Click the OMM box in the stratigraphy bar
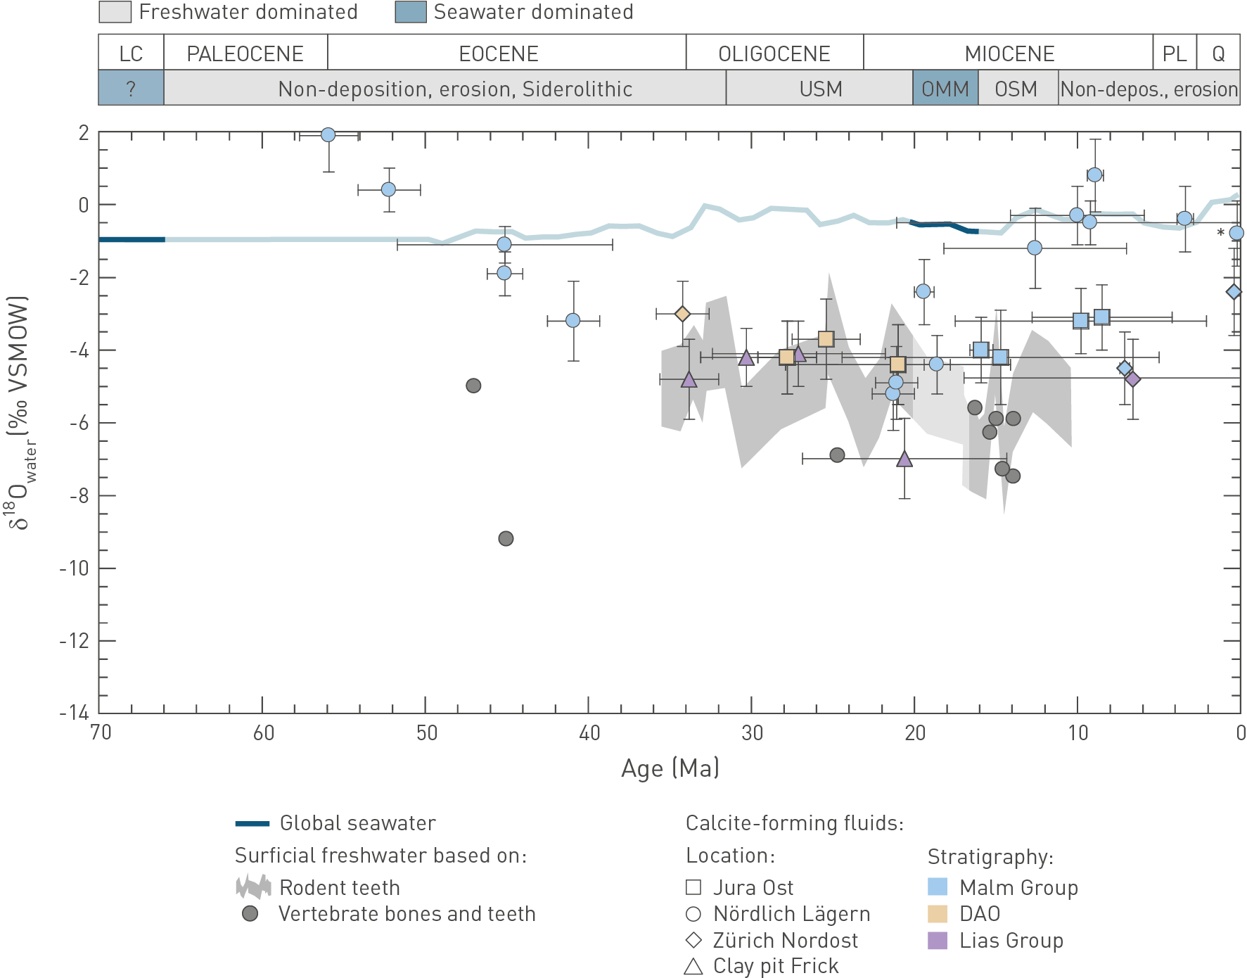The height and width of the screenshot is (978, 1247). tap(945, 89)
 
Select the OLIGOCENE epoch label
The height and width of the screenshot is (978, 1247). tap(774, 53)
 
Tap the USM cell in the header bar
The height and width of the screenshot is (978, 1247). tap(820, 89)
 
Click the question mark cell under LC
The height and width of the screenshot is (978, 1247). tap(131, 89)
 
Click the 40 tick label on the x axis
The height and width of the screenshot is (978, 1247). tap(589, 733)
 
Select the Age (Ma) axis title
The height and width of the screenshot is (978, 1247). tap(670, 768)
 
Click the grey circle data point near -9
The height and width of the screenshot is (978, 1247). tap(506, 539)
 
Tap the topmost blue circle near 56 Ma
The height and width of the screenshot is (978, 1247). tap(328, 135)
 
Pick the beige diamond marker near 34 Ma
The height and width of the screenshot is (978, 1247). tap(682, 314)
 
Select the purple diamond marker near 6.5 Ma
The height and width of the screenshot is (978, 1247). tap(1132, 379)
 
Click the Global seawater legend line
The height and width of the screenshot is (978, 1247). tap(252, 823)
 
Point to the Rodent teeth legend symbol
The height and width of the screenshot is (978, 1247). tap(253, 887)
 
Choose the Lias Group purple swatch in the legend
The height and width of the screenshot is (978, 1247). tap(938, 941)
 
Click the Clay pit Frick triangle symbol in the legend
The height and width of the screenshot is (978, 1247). tap(693, 967)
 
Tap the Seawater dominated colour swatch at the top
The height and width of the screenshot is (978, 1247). tap(411, 12)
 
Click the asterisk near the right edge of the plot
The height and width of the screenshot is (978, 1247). tap(1220, 233)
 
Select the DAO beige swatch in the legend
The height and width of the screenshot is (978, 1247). tap(938, 914)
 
